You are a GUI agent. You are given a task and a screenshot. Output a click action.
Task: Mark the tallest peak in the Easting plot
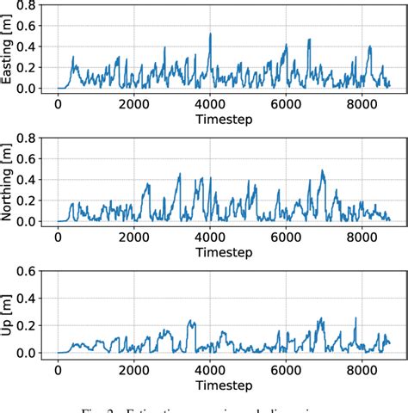pyautogui.click(x=210, y=34)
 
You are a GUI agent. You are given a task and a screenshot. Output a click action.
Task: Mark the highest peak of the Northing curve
pyautogui.click(x=322, y=170)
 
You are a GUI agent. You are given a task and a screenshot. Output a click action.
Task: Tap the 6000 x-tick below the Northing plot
pyautogui.click(x=285, y=237)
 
